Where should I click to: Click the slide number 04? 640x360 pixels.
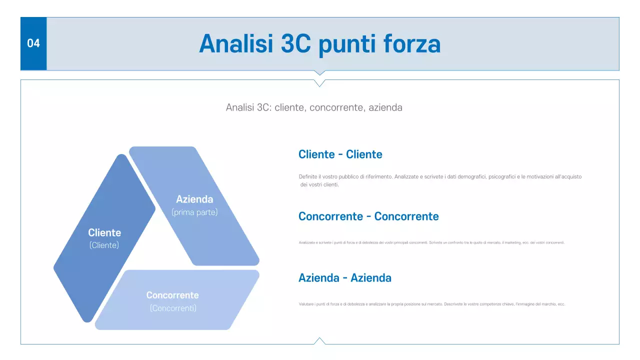click(33, 43)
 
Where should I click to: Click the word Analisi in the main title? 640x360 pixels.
click(235, 44)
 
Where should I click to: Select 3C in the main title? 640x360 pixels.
click(296, 44)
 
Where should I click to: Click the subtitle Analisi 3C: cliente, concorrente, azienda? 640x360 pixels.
click(314, 107)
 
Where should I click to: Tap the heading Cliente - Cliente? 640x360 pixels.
click(340, 154)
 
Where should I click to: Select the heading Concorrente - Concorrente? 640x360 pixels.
click(368, 216)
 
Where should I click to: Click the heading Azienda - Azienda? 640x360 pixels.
click(344, 278)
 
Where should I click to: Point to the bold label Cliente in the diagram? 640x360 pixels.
click(104, 232)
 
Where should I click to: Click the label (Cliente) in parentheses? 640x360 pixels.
click(104, 245)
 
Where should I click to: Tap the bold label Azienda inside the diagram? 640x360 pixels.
click(194, 199)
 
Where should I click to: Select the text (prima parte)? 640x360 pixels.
click(194, 212)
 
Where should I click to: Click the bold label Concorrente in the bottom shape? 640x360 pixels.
click(172, 295)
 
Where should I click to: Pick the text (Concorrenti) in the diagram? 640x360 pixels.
click(173, 308)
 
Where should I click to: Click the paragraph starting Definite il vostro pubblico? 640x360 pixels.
click(440, 177)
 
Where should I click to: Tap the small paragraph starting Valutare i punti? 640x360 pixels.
click(431, 304)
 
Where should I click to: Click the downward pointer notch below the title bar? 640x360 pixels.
click(320, 73)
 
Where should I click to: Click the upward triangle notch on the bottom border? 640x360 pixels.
click(320, 341)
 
